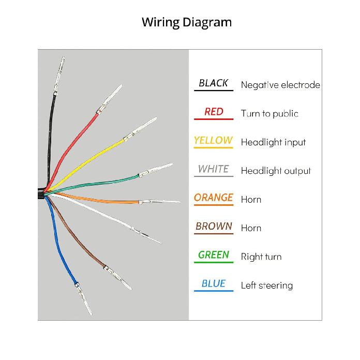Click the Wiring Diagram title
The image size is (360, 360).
[187, 23]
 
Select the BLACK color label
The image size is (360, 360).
[213, 83]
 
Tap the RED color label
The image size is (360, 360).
[214, 112]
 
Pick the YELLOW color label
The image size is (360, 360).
[213, 141]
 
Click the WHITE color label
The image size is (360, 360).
[213, 169]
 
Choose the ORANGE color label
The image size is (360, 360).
[214, 198]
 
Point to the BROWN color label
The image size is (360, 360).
[214, 227]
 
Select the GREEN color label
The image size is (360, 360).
[214, 255]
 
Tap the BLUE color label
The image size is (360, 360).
[214, 283]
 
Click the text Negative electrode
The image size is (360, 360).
[280, 85]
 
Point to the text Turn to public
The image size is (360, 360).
[269, 114]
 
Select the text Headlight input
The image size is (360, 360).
[273, 142]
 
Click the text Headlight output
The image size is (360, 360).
[276, 171]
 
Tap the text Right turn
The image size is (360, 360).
[261, 257]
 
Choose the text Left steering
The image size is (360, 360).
[267, 286]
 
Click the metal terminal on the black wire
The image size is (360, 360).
[59, 76]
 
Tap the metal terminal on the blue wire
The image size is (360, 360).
[84, 298]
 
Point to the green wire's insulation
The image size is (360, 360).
[92, 184]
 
